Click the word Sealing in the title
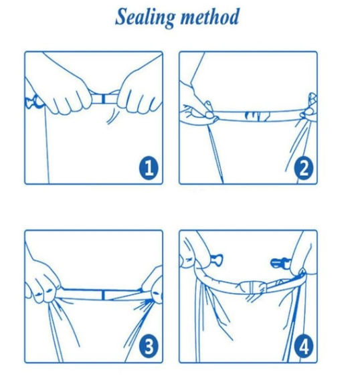pyautogui.click(x=145, y=17)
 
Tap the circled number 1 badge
pyautogui.click(x=149, y=168)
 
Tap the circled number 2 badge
pyautogui.click(x=304, y=168)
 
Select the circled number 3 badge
pyautogui.click(x=149, y=347)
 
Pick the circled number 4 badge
pyautogui.click(x=304, y=347)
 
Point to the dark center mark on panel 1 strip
pyautogui.click(x=103, y=98)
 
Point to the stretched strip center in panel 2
pyautogui.click(x=258, y=116)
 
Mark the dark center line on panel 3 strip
pyautogui.click(x=103, y=294)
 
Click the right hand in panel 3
pyautogui.click(x=153, y=288)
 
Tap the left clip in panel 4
pyautogui.click(x=216, y=260)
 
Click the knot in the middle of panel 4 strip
pyautogui.click(x=251, y=287)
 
